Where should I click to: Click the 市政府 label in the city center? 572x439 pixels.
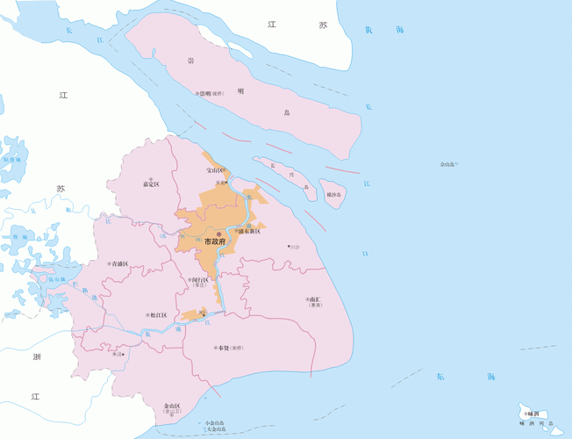point(215,241)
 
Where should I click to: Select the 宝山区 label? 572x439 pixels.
point(215,169)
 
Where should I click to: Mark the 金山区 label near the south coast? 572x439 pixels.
point(172,406)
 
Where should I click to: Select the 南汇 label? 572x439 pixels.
point(315,299)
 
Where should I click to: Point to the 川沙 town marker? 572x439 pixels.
point(294,247)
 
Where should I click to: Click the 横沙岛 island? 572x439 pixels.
point(333,194)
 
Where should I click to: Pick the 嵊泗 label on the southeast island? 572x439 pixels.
point(532,413)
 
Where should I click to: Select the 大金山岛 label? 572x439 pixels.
point(213,429)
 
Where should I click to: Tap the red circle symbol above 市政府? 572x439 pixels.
point(207,232)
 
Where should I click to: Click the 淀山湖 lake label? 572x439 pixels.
point(55,279)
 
